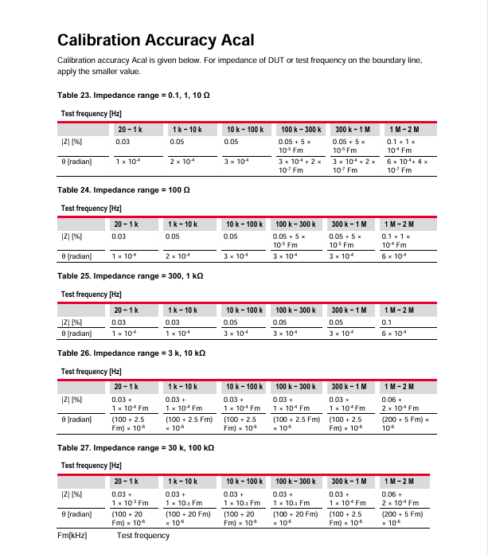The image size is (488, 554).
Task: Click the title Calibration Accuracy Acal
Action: pos(155,40)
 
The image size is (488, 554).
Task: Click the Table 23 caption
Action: pos(133,96)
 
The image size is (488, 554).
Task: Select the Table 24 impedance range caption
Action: pos(123,190)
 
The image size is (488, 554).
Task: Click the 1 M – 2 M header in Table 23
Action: pos(403,129)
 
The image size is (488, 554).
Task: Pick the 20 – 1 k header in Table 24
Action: pos(127,224)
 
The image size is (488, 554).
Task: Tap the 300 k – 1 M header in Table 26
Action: pos(349,387)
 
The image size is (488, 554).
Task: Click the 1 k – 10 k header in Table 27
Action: pos(183,482)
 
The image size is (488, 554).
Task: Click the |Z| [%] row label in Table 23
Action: pos(72,142)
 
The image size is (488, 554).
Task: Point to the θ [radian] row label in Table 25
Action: pos(76,333)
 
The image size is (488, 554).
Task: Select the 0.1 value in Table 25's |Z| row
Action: pos(390,322)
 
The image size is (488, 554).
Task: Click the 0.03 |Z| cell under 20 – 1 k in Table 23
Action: pos(123,142)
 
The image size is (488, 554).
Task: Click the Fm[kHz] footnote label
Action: pos(72,536)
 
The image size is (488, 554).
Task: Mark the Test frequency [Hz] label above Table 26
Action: pos(91,371)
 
